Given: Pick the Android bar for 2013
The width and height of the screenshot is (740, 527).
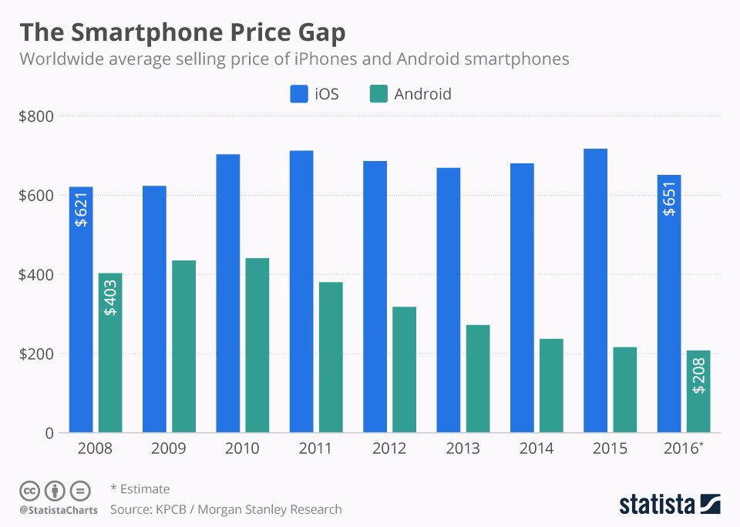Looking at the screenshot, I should pyautogui.click(x=478, y=378).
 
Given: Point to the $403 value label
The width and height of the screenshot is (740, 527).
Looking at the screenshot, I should pyautogui.click(x=110, y=298).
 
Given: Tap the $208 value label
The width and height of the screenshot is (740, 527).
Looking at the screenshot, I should pyautogui.click(x=698, y=377).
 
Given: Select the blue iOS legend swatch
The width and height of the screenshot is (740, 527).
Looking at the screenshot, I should pyautogui.click(x=298, y=94).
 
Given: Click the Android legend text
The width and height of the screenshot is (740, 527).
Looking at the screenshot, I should pyautogui.click(x=422, y=94).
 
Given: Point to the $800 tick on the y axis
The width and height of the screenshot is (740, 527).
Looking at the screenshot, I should pyautogui.click(x=36, y=116).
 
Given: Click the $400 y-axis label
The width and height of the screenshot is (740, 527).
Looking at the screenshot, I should pyautogui.click(x=36, y=275).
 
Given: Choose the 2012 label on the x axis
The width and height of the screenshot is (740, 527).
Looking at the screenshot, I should pyautogui.click(x=390, y=448).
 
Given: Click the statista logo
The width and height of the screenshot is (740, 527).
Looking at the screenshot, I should pyautogui.click(x=669, y=505).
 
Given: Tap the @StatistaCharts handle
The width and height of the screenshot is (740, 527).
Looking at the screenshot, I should pyautogui.click(x=59, y=510).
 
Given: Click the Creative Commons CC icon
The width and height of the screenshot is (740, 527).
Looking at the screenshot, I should pyautogui.click(x=29, y=490).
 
